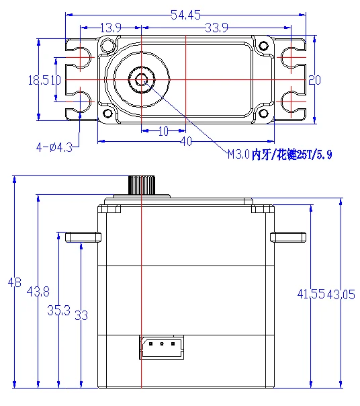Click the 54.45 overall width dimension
(186, 14)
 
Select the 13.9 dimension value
(110, 28)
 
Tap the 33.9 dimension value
(216, 28)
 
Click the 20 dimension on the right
(314, 80)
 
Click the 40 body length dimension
(185, 142)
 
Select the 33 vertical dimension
(81, 315)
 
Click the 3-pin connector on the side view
(161, 346)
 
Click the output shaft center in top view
(142, 79)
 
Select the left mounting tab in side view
(83, 237)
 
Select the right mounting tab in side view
(288, 237)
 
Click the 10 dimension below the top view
(163, 132)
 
